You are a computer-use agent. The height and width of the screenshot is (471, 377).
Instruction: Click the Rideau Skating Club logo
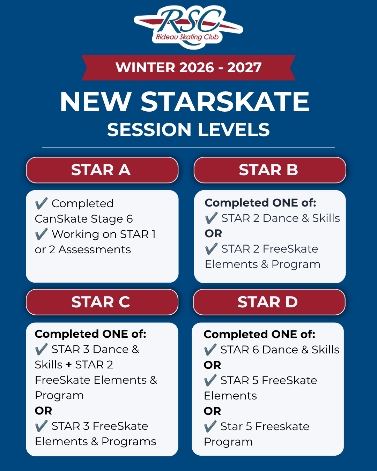pyautogui.click(x=188, y=27)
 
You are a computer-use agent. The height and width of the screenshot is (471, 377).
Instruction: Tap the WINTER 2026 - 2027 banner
pyautogui.click(x=188, y=68)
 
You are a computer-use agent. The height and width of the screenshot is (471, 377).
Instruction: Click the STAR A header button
pyautogui.click(x=102, y=170)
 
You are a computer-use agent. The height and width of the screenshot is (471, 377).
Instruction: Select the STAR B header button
pyautogui.click(x=270, y=170)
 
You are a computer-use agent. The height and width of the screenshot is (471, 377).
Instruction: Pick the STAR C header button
pyautogui.click(x=102, y=302)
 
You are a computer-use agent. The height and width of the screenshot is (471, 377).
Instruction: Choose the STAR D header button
pyautogui.click(x=269, y=302)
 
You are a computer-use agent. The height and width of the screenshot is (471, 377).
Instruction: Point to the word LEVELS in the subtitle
pyautogui.click(x=234, y=130)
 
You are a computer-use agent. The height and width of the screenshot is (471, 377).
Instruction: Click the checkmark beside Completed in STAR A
pyautogui.click(x=41, y=203)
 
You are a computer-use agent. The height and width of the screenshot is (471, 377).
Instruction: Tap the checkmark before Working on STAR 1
pyautogui.click(x=41, y=234)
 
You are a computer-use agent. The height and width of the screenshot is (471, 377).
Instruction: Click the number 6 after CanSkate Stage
pyautogui.click(x=130, y=219)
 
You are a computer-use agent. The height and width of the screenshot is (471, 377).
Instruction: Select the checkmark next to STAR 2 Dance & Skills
pyautogui.click(x=211, y=218)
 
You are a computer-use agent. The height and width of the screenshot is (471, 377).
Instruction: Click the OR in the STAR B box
pyautogui.click(x=213, y=233)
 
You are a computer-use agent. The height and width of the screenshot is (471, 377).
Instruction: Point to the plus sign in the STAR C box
pyautogui.click(x=68, y=365)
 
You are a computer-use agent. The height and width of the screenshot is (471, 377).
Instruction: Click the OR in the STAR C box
pyautogui.click(x=43, y=411)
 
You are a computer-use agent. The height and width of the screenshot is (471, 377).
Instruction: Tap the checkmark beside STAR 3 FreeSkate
pyautogui.click(x=41, y=426)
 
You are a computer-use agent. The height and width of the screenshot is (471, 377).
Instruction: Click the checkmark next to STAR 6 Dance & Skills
pyautogui.click(x=210, y=350)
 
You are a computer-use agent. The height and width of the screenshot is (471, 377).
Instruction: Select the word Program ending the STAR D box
pyautogui.click(x=228, y=442)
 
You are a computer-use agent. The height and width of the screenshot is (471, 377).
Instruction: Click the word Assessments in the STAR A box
pyautogui.click(x=95, y=249)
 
